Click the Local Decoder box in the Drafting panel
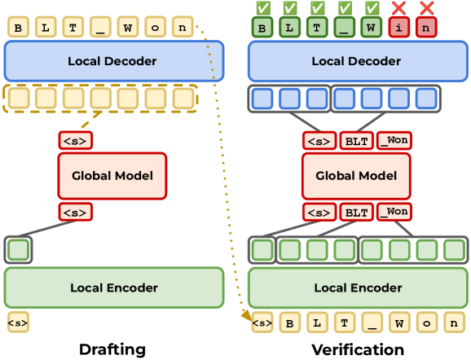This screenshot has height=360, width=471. point(114,61)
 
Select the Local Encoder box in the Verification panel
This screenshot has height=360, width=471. point(358,288)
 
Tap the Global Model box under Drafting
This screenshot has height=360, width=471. point(112,176)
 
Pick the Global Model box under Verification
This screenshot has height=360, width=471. point(356,176)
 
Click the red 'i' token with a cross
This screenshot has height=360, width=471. point(399,28)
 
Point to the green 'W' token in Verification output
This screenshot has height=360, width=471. point(372,28)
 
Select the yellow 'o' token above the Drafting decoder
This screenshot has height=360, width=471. point(155,27)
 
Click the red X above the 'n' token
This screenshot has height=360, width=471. point(426,8)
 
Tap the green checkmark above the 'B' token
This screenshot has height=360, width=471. point(263,8)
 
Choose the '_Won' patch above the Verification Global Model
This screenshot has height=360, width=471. point(394,140)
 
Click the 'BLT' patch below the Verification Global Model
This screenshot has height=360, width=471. point(357,212)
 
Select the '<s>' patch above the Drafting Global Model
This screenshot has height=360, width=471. point(76,140)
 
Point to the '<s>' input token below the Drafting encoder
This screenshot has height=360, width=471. point(18,323)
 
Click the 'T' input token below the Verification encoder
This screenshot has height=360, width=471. point(344,323)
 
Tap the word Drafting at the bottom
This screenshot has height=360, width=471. point(112,349)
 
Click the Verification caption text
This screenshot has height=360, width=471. point(358,349)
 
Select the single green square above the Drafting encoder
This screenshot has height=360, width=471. point(18,249)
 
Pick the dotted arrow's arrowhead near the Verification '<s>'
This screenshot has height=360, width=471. point(247,316)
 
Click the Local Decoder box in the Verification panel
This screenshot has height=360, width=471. point(358,61)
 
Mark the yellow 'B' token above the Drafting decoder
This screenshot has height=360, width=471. point(18,27)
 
